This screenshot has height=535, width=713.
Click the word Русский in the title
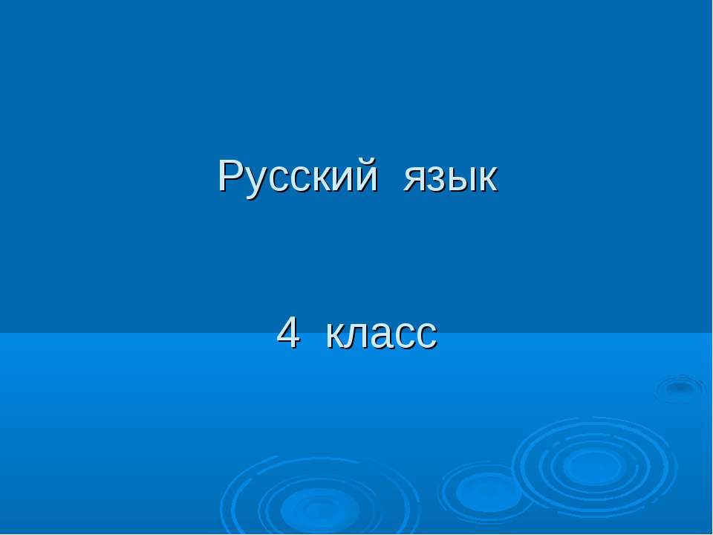tap(297, 178)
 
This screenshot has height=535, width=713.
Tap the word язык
tap(450, 181)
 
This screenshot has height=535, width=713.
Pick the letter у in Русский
tap(255, 183)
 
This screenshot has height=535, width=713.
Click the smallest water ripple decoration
tap(679, 388)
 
